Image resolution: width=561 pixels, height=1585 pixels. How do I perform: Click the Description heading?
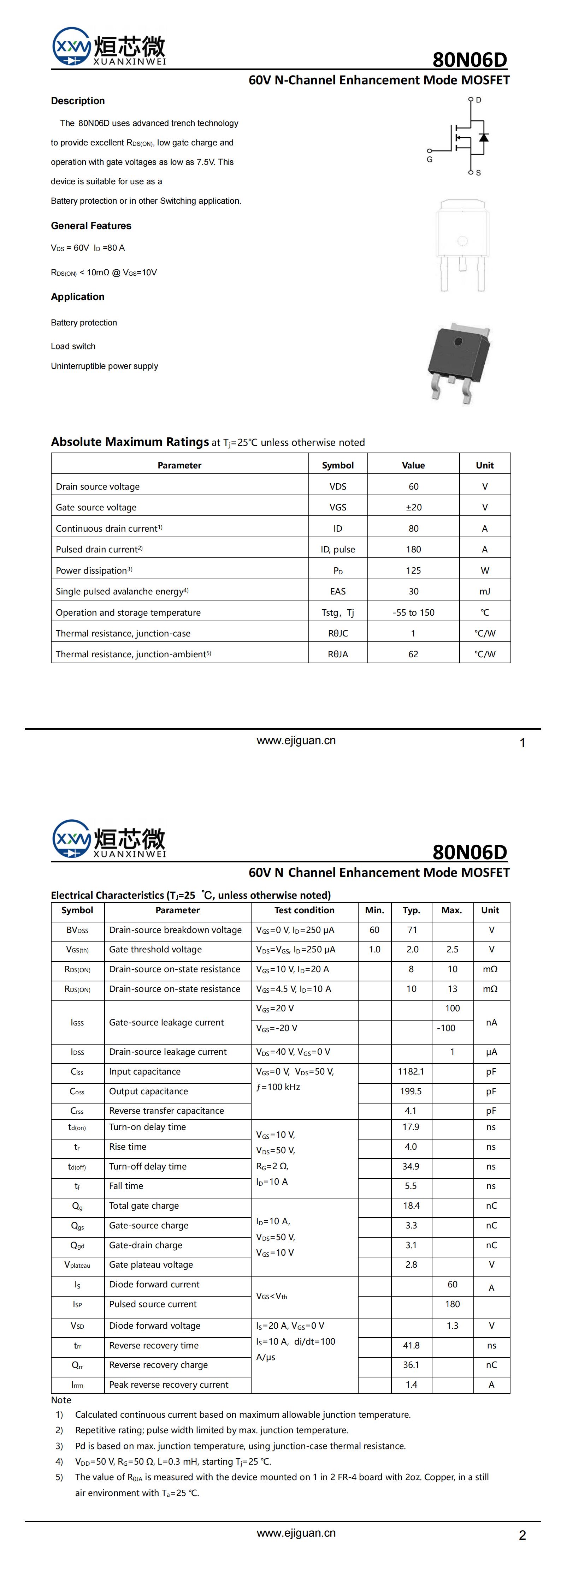(78, 101)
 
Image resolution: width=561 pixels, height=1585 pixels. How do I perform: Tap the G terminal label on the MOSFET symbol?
(429, 159)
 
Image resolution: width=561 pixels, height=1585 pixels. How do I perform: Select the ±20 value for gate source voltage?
(413, 507)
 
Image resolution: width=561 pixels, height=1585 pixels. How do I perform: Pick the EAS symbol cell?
(337, 591)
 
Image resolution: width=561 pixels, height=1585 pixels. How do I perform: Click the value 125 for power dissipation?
(413, 570)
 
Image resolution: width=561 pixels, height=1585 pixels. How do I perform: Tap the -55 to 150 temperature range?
(413, 612)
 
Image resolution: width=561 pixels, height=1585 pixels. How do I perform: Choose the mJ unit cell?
(485, 591)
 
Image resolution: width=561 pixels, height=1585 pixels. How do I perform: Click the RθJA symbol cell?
(337, 654)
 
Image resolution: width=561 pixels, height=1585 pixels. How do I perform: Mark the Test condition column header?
(304, 910)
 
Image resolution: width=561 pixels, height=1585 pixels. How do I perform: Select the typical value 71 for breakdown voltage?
(412, 930)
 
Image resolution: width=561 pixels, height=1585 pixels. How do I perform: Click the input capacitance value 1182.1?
(411, 1071)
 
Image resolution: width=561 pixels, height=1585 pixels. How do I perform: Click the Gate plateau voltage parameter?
(151, 1264)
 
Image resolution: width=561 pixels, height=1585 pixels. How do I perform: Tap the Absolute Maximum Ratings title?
(130, 442)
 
